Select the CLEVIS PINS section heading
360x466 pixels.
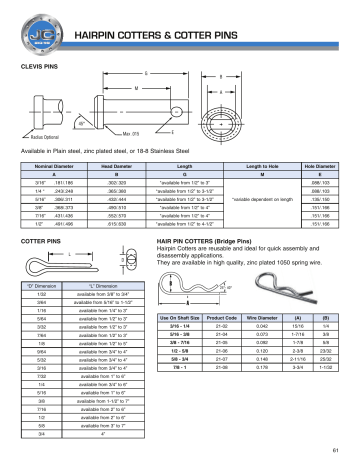[x=39, y=63]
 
